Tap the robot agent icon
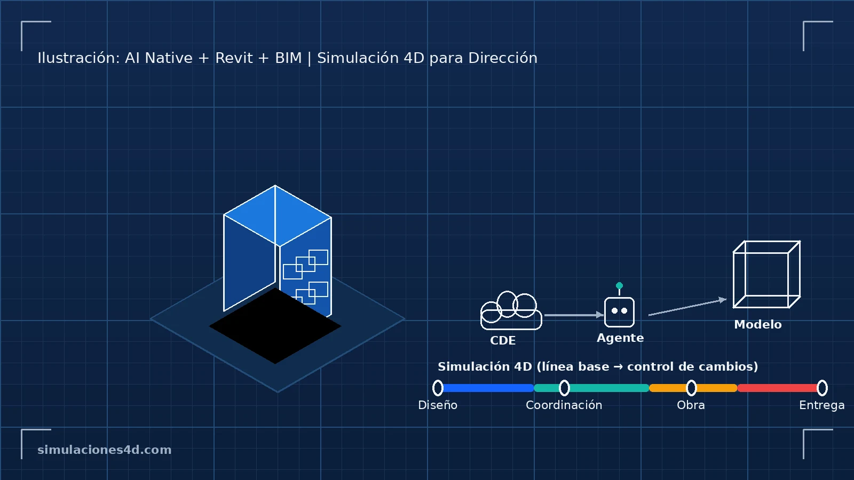point(619,311)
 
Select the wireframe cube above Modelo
point(766,275)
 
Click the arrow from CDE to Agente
point(573,315)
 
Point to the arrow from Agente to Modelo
point(687,307)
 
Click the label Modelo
point(757,324)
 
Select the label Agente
point(620,338)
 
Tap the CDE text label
point(503,340)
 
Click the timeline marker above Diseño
point(438,388)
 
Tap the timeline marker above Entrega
point(822,388)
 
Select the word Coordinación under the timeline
point(564,405)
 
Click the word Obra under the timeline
point(691,405)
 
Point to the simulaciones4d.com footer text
point(105,450)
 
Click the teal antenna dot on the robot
point(619,285)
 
